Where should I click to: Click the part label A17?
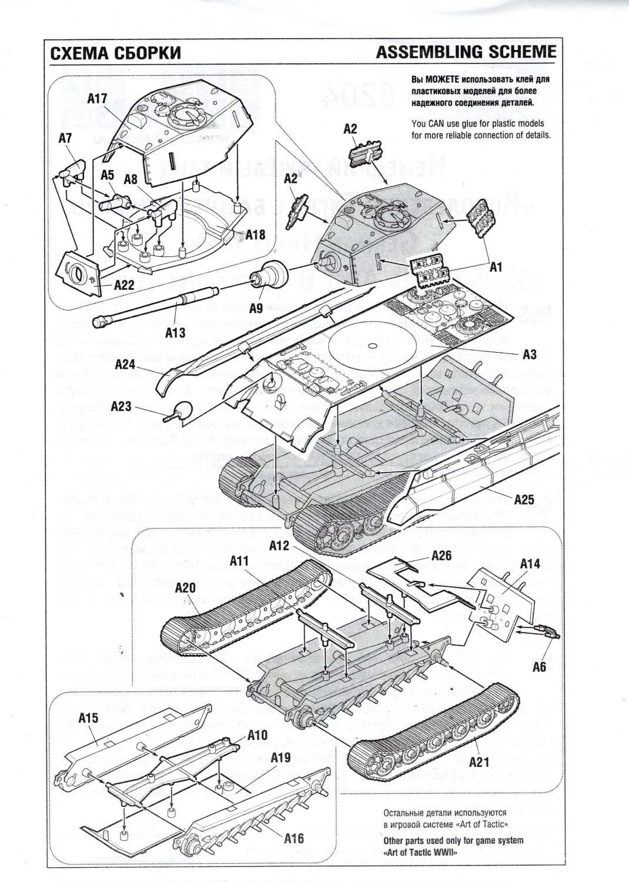pos(97,99)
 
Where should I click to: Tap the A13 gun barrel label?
pos(176,333)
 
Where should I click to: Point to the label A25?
pos(524,500)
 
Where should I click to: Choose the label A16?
pos(293,838)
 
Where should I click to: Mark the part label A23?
pos(138,406)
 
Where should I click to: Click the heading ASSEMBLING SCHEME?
pos(466,52)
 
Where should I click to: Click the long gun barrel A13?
pos(159,308)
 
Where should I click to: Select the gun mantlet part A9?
pos(272,274)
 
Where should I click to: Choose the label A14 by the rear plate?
pos(530,563)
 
